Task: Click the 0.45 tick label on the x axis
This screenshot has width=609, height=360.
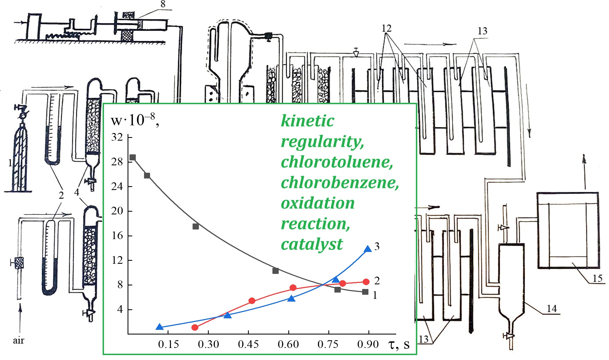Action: (x=248, y=344)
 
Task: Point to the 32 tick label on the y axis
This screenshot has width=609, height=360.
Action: (x=117, y=137)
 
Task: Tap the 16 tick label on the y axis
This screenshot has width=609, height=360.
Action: (x=117, y=236)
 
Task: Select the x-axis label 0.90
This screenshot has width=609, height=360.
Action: (x=368, y=344)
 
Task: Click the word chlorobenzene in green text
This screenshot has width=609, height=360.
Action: (x=340, y=183)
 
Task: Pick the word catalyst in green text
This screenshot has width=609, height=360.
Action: (x=312, y=244)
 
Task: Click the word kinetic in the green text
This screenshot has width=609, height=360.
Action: (x=308, y=121)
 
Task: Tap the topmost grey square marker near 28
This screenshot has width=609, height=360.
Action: (x=132, y=157)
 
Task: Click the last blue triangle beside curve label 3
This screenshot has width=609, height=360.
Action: (x=368, y=249)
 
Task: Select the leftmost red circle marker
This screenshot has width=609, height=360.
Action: (x=195, y=327)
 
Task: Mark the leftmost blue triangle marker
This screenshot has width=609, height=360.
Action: (x=159, y=327)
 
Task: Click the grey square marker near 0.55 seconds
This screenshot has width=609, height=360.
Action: (x=275, y=271)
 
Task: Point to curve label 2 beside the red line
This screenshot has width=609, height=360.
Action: (x=377, y=281)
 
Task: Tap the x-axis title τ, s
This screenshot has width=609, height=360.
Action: (x=399, y=344)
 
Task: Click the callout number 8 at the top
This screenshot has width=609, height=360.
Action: (x=163, y=4)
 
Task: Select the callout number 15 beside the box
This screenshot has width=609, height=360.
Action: (x=597, y=279)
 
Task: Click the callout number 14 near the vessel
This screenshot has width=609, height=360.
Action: (x=552, y=309)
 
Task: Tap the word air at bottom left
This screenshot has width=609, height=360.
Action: (x=18, y=341)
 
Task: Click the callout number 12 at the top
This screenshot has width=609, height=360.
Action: (x=386, y=28)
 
